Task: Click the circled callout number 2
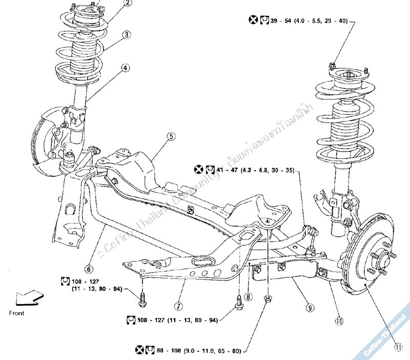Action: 128,3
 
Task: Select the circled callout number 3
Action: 126,35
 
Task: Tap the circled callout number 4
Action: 126,68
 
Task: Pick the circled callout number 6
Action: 89,268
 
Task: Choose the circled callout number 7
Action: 178,307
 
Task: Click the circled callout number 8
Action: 248,296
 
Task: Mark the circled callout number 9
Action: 310,308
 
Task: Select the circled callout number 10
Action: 339,322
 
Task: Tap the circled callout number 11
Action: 398,347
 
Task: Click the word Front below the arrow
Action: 17,313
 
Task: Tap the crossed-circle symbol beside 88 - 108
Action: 139,350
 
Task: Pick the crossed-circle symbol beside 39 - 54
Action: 253,21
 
